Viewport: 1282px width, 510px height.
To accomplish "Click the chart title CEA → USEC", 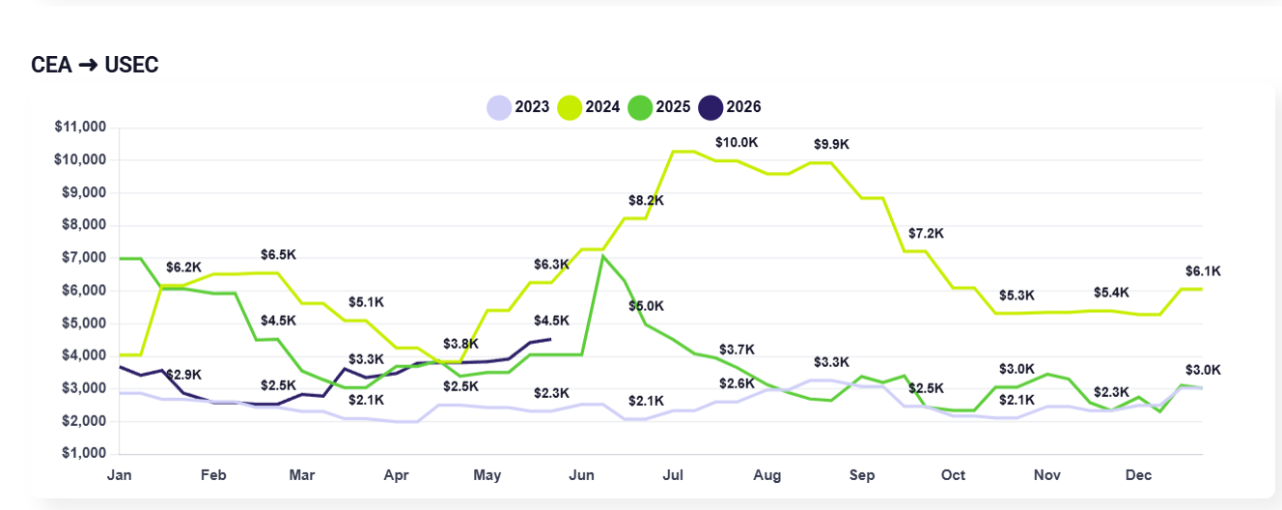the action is point(95,65).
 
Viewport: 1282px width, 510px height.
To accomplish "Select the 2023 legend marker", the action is point(499,107).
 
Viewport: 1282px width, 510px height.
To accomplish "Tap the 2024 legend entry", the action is point(589,107).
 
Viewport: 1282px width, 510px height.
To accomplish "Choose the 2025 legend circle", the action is point(640,107).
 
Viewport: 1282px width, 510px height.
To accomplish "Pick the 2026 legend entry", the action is point(730,107).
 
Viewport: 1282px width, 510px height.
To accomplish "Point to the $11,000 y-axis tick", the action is point(81,127).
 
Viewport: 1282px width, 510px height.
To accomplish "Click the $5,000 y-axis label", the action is point(84,323).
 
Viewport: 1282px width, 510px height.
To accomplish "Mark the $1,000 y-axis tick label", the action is point(84,453).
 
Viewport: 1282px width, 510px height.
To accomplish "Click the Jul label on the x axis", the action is point(673,475).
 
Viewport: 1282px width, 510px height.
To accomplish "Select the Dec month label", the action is point(1138,475).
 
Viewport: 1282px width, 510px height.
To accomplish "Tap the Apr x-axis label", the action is point(396,475).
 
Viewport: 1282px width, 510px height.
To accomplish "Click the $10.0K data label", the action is point(737,143).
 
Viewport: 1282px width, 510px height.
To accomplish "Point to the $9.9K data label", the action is point(831,144).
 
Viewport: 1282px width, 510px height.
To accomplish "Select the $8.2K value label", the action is point(646,200).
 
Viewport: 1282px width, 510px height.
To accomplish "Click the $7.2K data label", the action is point(926,234).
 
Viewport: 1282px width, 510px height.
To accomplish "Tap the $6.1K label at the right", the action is point(1203,271).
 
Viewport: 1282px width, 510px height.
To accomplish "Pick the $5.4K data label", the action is point(1111,293).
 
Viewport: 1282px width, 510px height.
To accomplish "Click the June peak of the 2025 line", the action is point(603,256).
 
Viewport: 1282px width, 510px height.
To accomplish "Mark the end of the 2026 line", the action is point(550,339).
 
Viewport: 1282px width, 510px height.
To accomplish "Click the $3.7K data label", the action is point(738,349).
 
